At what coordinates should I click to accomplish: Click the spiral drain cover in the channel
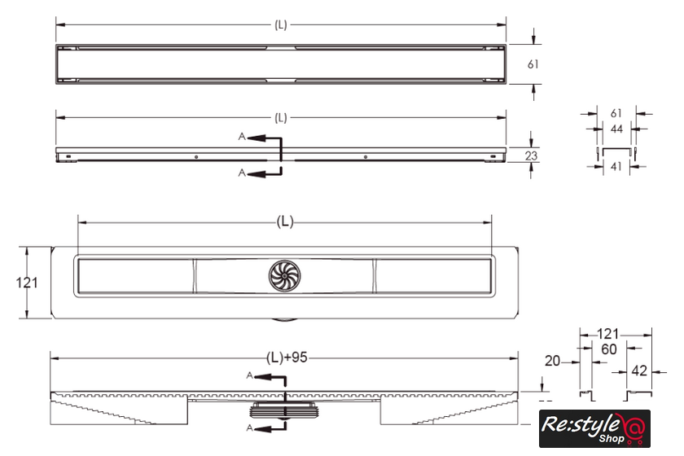click(284, 276)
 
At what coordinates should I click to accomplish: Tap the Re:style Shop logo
click(594, 428)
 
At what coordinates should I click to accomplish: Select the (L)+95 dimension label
click(287, 357)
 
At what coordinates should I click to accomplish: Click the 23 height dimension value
click(531, 156)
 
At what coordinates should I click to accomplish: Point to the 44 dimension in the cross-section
click(616, 129)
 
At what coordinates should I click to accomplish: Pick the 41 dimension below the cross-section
click(616, 166)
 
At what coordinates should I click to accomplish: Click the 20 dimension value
click(552, 361)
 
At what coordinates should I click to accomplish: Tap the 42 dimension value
click(639, 371)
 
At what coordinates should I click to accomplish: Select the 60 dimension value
click(608, 349)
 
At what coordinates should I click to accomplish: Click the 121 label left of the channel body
click(27, 283)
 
